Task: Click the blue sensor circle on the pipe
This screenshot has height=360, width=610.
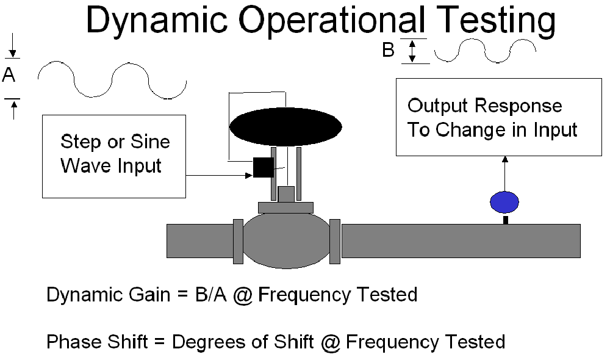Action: click(x=504, y=202)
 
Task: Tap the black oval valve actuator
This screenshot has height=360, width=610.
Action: click(x=285, y=127)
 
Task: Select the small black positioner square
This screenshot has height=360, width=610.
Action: click(x=264, y=167)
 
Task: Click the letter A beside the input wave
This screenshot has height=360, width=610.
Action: click(x=9, y=74)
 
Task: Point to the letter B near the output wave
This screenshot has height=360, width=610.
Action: click(x=388, y=50)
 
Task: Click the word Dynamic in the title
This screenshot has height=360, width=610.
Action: click(x=156, y=20)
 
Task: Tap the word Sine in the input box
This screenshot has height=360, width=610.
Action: click(x=150, y=142)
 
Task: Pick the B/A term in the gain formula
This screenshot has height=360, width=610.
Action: click(x=210, y=295)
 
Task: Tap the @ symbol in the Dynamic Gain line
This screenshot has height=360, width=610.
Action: click(x=243, y=295)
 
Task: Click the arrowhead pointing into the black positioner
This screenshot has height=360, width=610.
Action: click(x=249, y=176)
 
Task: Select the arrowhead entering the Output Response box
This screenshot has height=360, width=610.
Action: click(x=504, y=159)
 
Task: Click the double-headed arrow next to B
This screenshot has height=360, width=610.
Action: click(x=412, y=51)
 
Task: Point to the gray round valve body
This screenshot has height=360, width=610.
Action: click(x=286, y=240)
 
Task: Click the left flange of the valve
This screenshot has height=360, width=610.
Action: click(x=238, y=241)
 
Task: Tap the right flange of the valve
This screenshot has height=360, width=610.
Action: click(x=335, y=241)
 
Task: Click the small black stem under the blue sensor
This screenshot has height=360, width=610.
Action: click(x=505, y=220)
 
